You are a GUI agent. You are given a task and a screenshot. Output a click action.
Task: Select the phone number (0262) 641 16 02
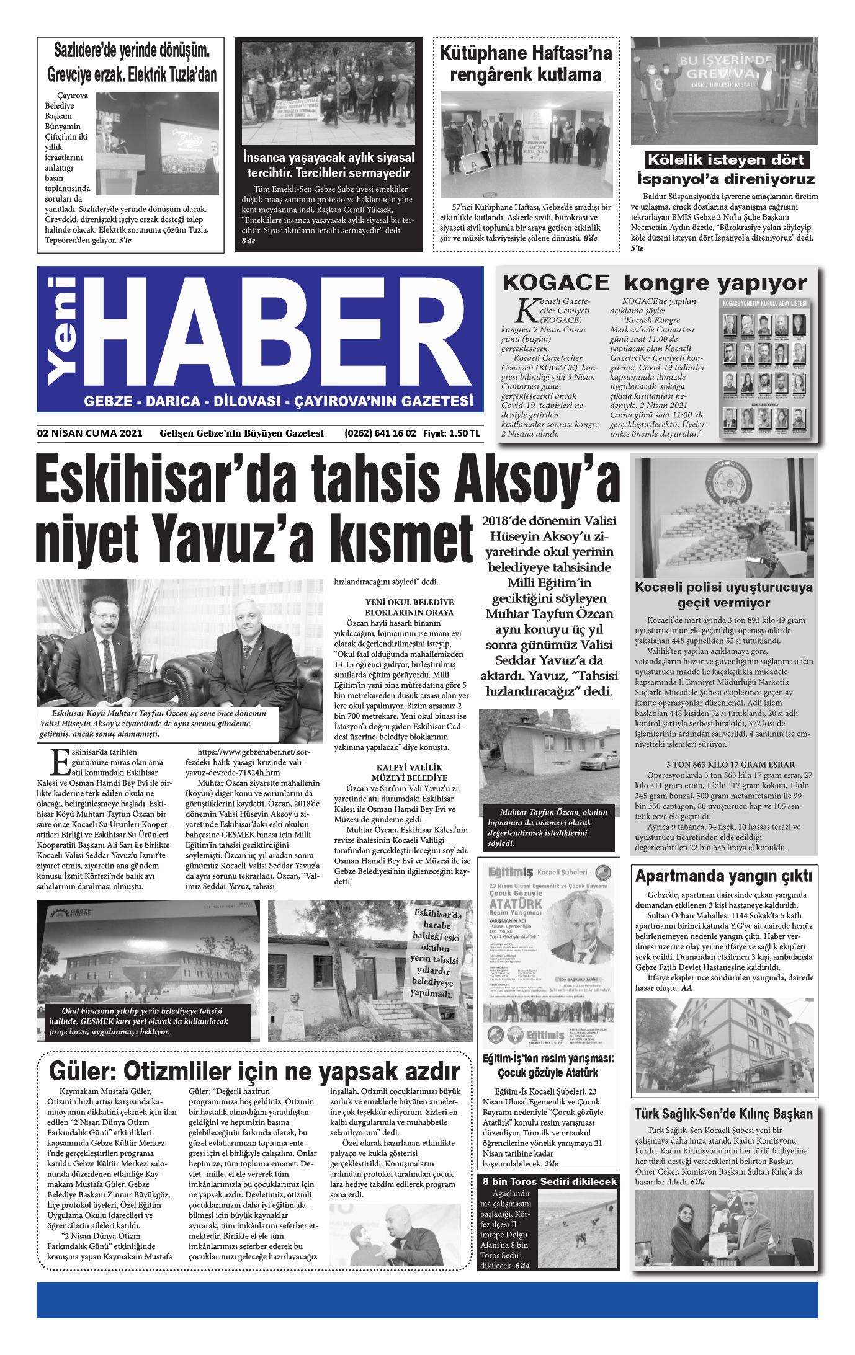click(380, 433)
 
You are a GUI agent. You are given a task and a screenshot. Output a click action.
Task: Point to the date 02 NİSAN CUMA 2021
click(90, 433)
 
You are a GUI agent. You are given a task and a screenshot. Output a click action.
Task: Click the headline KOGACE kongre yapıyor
click(654, 283)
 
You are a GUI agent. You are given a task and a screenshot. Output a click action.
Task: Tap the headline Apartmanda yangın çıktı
click(723, 876)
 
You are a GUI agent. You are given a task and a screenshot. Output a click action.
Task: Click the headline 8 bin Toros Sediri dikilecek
click(550, 1181)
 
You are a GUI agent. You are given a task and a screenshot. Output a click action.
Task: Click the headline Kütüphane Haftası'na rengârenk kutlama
click(526, 64)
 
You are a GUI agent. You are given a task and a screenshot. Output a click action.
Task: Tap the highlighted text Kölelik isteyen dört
click(725, 160)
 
